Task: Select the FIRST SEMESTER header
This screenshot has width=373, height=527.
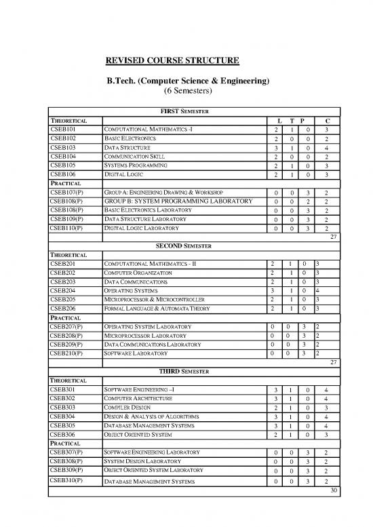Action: [182, 111]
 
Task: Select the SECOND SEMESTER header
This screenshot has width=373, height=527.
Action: [182, 245]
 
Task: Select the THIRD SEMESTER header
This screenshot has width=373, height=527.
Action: [182, 372]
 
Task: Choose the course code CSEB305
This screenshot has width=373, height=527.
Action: [63, 427]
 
